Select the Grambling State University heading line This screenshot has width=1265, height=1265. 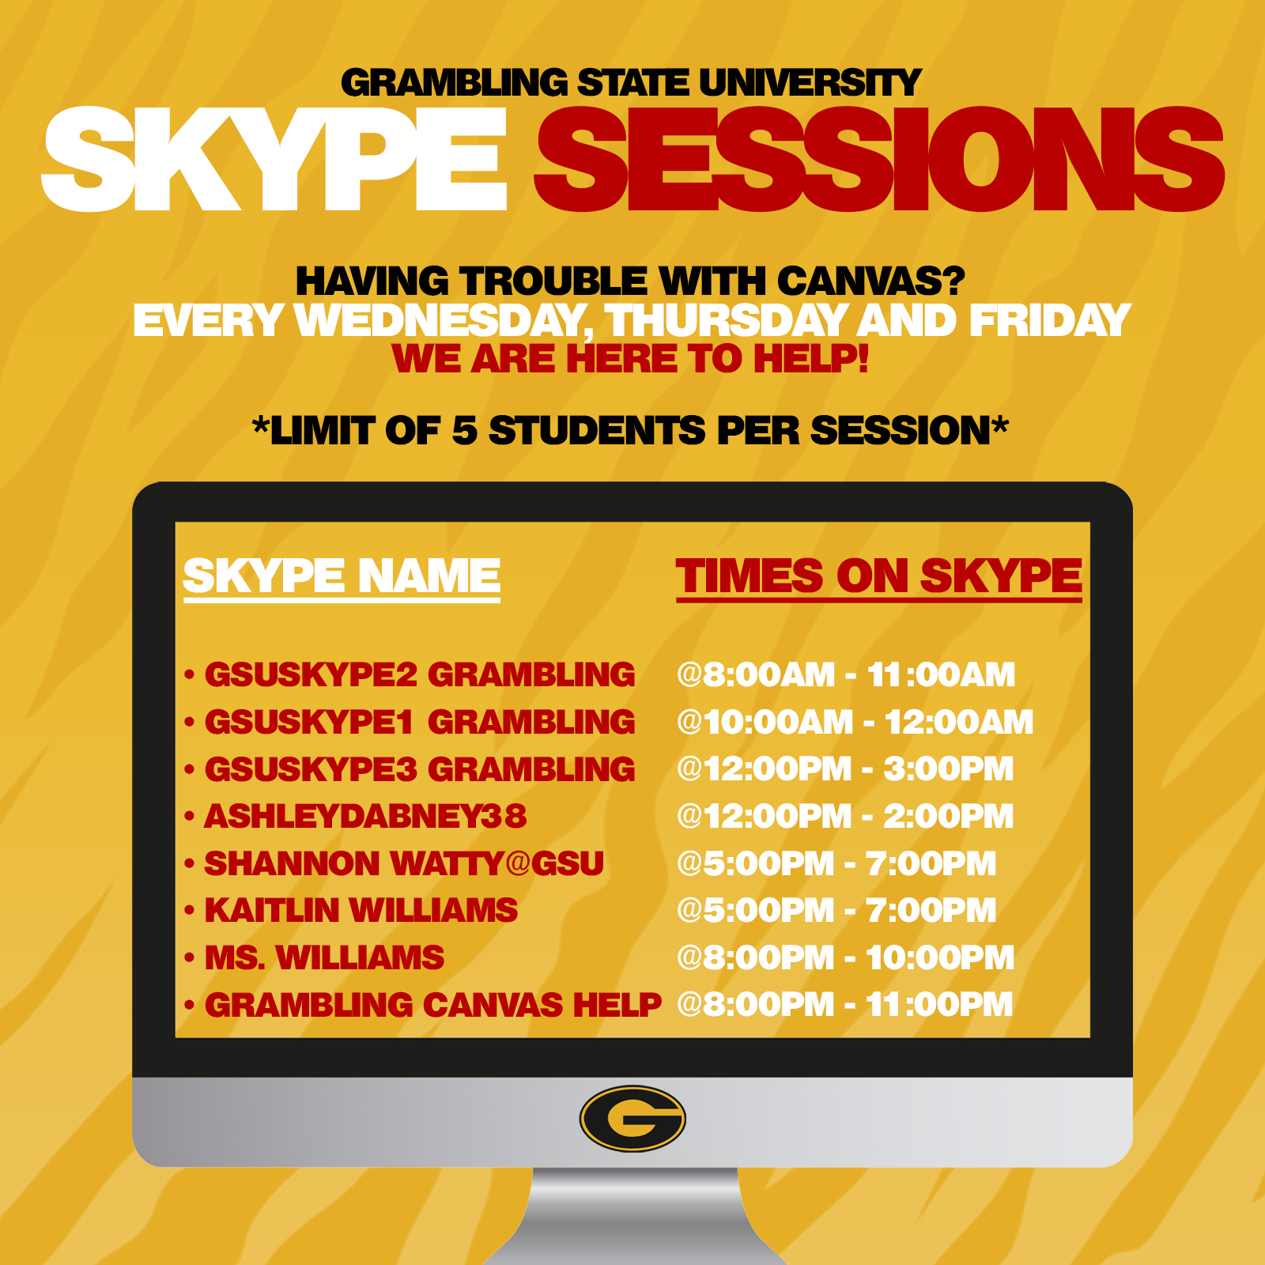click(x=631, y=83)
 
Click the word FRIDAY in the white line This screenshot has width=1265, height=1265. click(x=1050, y=321)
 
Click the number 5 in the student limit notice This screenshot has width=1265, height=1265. click(x=464, y=431)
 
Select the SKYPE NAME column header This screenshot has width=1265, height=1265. click(x=342, y=576)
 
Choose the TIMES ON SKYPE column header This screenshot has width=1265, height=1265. click(x=878, y=576)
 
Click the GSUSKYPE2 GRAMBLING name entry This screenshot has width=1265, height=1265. click(x=420, y=675)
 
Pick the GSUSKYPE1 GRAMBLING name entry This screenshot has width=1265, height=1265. click(x=420, y=722)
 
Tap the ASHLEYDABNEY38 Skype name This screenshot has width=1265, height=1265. click(x=365, y=817)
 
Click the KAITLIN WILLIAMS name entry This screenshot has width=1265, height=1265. click(x=361, y=911)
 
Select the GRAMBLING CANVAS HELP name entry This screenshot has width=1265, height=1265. click(x=432, y=1005)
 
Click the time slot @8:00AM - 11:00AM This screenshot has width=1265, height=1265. click(x=846, y=675)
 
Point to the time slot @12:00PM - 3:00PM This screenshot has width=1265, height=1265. click(x=845, y=769)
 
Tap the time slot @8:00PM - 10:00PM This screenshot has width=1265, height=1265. click(x=845, y=958)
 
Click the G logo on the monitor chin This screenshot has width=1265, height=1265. click(x=632, y=1119)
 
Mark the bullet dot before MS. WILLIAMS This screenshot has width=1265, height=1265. click(x=189, y=959)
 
